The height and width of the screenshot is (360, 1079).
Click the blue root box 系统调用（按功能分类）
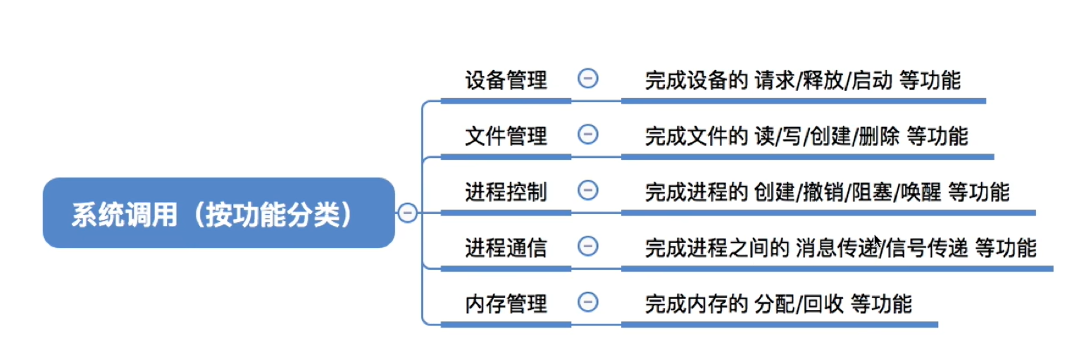pyautogui.click(x=218, y=213)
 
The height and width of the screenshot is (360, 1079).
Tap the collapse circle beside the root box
pyautogui.click(x=407, y=212)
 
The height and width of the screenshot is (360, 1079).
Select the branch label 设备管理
pyautogui.click(x=506, y=80)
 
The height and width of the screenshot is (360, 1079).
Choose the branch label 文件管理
pyautogui.click(x=506, y=135)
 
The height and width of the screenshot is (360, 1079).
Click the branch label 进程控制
pyautogui.click(x=506, y=191)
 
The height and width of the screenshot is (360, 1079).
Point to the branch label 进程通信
pyautogui.click(x=506, y=247)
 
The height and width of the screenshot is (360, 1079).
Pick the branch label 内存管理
pyautogui.click(x=506, y=304)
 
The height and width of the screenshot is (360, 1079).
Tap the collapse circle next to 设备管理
pyautogui.click(x=587, y=78)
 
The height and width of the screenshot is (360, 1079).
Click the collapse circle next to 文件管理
pyautogui.click(x=587, y=134)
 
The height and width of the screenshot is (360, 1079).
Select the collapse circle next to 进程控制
pyautogui.click(x=587, y=190)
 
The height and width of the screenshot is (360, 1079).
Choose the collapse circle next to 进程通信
pyautogui.click(x=587, y=246)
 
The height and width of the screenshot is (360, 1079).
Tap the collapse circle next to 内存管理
pyautogui.click(x=587, y=302)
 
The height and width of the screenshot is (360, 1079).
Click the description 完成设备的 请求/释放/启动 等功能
pyautogui.click(x=802, y=80)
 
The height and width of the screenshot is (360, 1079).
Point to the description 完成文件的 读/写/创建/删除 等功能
pyautogui.click(x=806, y=135)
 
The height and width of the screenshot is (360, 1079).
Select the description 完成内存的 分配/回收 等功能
pyautogui.click(x=778, y=304)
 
